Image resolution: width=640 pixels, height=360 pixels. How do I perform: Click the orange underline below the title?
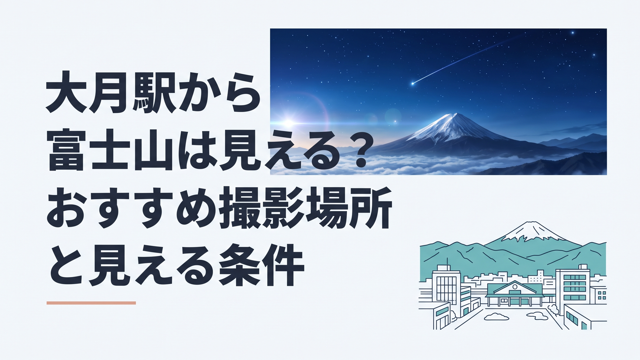(91, 303)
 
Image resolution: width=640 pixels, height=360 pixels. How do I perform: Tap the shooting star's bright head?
(413, 83)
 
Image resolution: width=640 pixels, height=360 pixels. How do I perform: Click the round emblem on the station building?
(515, 286)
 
